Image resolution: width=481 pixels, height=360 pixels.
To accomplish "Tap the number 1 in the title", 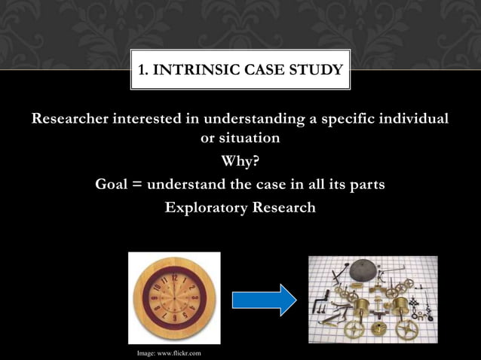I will click(142, 72).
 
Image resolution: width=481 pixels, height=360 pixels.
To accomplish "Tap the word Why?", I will click(240, 162).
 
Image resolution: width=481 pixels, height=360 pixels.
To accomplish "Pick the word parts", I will click(366, 185).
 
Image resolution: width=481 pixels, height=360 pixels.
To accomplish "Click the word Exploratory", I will click(205, 207).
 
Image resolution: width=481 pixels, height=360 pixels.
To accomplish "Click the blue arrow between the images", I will click(264, 300).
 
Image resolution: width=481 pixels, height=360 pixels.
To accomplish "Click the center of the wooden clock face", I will click(174, 298).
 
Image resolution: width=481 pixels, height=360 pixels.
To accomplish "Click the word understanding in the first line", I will click(247, 120).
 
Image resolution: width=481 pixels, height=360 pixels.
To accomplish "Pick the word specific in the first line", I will click(343, 120).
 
